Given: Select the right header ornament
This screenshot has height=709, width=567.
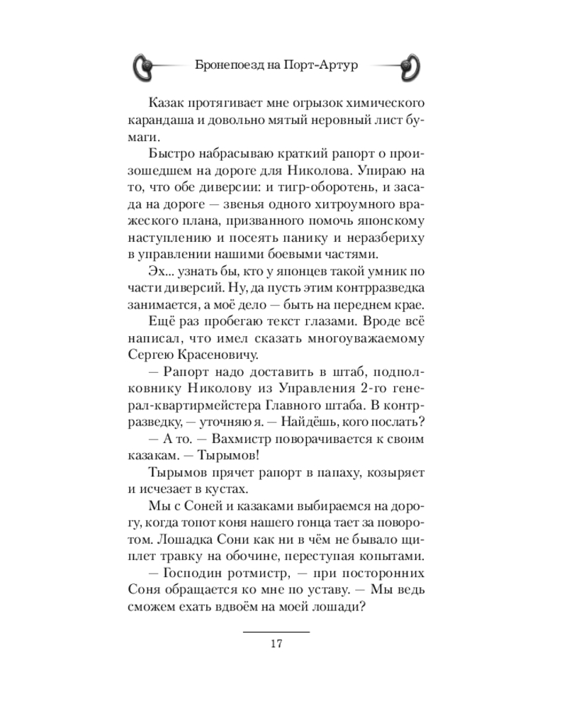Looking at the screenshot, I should click(x=410, y=66).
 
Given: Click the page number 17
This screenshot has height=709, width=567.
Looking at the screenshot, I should click(x=276, y=644).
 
